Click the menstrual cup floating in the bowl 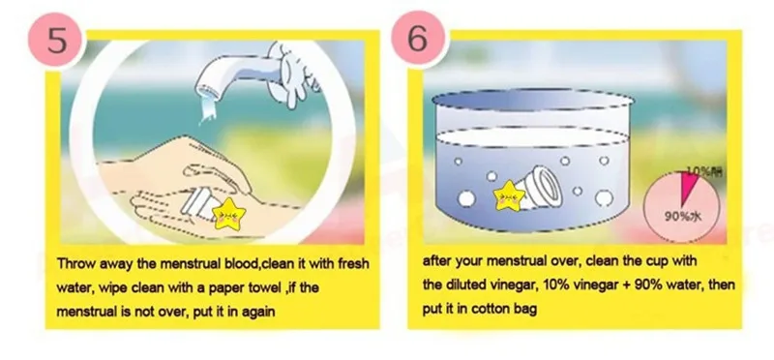[x=549, y=183]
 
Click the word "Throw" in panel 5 [x=76, y=263]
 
